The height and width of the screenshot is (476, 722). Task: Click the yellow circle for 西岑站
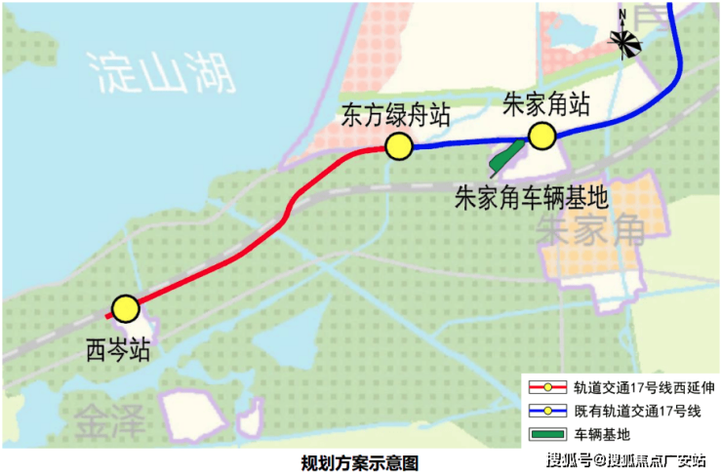[x=125, y=309]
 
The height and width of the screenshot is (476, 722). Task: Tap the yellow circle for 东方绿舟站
[x=399, y=146]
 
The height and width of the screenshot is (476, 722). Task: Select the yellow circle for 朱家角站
[x=541, y=136]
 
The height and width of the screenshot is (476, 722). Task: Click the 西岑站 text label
[x=118, y=350]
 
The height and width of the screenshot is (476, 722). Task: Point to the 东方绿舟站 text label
[x=395, y=115]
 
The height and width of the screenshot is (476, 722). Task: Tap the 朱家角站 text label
[x=545, y=104]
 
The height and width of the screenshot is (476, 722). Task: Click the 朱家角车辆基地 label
[x=532, y=198]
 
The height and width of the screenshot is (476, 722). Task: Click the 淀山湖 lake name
[x=162, y=73]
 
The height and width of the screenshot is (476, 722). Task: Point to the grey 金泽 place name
[x=109, y=420]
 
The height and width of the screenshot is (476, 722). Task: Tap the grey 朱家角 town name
[x=590, y=230]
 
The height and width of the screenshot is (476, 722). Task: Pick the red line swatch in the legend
[x=547, y=387]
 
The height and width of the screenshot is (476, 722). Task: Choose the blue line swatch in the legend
[x=547, y=411]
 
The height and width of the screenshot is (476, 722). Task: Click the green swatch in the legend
[x=547, y=434]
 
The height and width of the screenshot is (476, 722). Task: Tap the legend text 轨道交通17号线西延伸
[x=644, y=387]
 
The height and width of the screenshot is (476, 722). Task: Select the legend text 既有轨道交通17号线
[x=637, y=411]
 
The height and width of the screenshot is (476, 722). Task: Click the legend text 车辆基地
[x=602, y=434]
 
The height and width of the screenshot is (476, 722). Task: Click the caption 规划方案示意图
[x=360, y=463]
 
